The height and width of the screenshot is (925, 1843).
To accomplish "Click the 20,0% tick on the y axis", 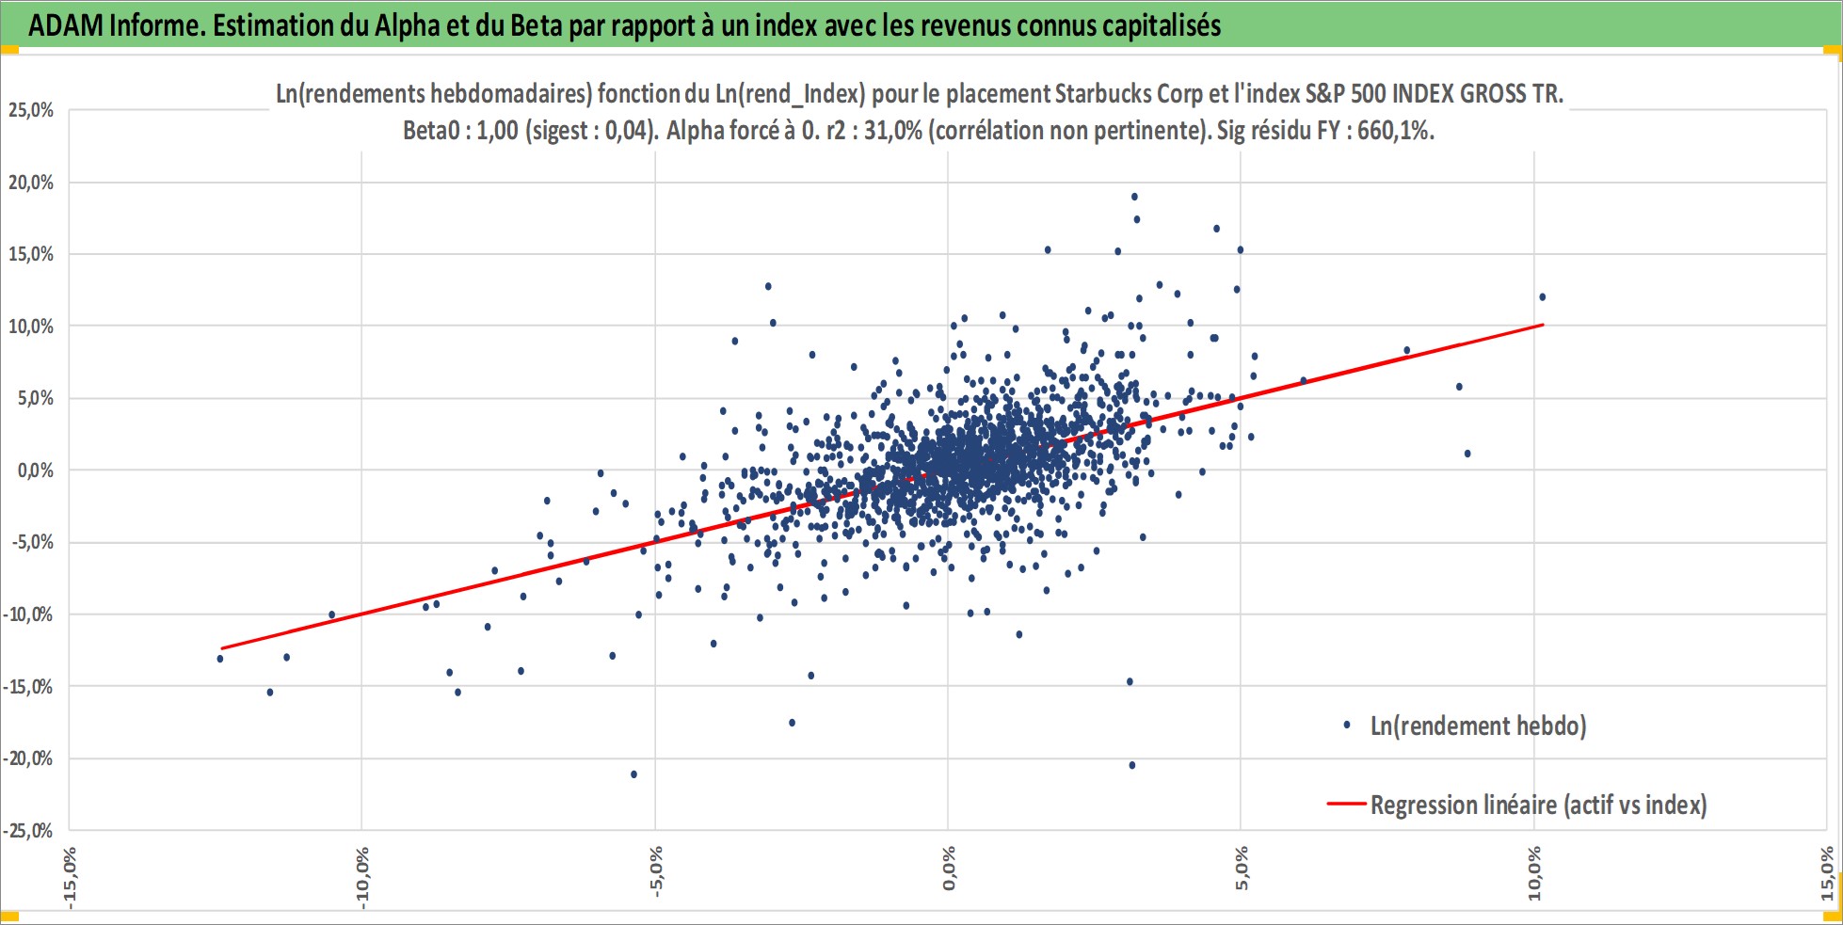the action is click(31, 183).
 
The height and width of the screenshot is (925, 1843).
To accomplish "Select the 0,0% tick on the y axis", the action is click(36, 470).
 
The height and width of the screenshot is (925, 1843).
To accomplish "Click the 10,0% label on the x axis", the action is click(1535, 873).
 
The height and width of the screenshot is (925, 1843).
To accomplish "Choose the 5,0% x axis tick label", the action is click(1242, 869).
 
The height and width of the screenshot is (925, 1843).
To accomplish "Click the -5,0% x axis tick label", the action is click(656, 872).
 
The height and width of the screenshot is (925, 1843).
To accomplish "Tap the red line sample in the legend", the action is click(1346, 805).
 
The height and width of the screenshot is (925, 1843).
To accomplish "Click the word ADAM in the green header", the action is click(66, 25).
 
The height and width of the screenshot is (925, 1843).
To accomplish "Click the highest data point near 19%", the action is click(1134, 197).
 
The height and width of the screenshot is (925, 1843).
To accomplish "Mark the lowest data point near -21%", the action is click(633, 774).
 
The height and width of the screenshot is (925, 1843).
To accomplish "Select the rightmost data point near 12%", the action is click(1542, 297).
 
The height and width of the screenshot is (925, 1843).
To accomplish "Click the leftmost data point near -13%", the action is click(220, 659).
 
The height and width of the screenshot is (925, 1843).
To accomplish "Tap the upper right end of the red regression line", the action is click(1543, 326).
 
